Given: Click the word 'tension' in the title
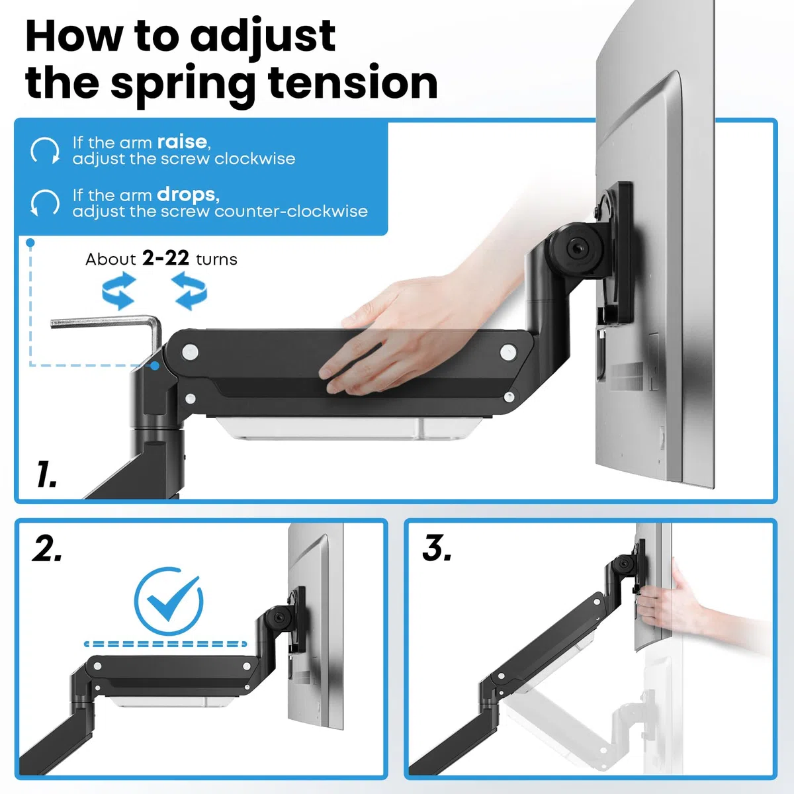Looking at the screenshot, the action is [353, 83].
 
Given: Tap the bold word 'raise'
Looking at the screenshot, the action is [182, 142].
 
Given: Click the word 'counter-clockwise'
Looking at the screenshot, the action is [291, 211].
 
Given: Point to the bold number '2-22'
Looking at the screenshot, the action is [165, 258].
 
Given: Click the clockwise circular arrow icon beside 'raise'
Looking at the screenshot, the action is [45, 151].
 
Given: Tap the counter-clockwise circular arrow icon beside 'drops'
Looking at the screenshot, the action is [45, 202].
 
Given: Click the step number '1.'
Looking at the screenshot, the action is [46, 474].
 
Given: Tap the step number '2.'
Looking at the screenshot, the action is [46, 549].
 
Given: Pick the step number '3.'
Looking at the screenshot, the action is [437, 548].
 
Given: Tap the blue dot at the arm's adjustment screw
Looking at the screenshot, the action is [155, 365].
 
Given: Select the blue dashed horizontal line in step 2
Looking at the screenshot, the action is [165, 644].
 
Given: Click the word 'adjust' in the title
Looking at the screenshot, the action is [263, 36].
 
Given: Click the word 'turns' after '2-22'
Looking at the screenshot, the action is [217, 259].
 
